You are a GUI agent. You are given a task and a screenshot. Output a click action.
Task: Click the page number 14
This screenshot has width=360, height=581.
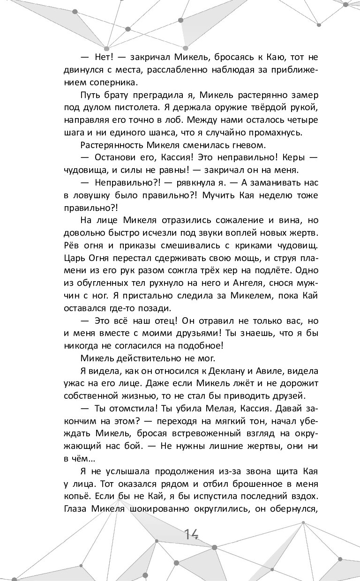(192, 534)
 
